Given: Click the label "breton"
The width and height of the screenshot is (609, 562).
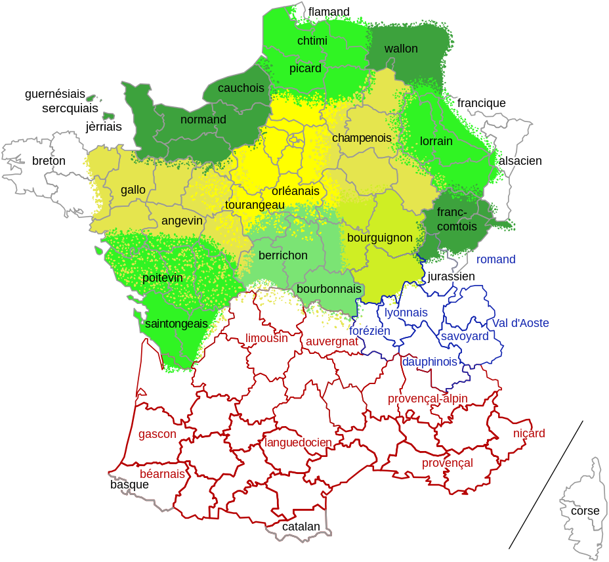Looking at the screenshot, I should coord(49,161).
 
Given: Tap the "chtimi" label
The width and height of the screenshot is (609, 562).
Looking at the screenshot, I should coord(312,41).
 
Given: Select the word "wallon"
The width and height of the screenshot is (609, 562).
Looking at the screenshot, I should coord(401,49).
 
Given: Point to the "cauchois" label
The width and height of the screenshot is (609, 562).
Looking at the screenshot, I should coord(241,88).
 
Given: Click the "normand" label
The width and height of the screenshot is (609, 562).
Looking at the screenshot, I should coord(203,119).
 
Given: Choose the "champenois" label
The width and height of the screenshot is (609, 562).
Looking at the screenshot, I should coord(362,138).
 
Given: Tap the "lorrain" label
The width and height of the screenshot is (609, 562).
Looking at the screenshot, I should coord(436,141).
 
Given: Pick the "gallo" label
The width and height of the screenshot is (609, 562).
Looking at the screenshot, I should coord(133,190).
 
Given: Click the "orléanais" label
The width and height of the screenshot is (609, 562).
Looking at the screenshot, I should coord(295,191).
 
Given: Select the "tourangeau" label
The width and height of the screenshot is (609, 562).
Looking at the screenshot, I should coord(255,205).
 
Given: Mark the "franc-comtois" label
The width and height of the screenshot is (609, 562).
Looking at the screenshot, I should coord(451,219).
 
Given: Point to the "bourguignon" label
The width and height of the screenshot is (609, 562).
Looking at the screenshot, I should coord(380,238).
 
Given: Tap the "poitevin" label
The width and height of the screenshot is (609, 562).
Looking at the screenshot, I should coord(163,278).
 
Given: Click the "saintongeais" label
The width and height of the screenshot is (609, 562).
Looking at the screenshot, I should coord(177,324).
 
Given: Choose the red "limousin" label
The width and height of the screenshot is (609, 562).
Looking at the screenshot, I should coord(266,339).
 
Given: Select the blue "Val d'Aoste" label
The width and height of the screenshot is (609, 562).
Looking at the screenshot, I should coord(520,323).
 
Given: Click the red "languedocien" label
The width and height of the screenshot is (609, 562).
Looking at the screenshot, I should coord(298,443).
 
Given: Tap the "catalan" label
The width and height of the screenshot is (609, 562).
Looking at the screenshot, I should coord(301,527).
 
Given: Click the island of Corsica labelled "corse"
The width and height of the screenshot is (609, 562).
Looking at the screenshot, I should coord(584,509).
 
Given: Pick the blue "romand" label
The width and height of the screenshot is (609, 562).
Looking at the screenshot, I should coord(496,259).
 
